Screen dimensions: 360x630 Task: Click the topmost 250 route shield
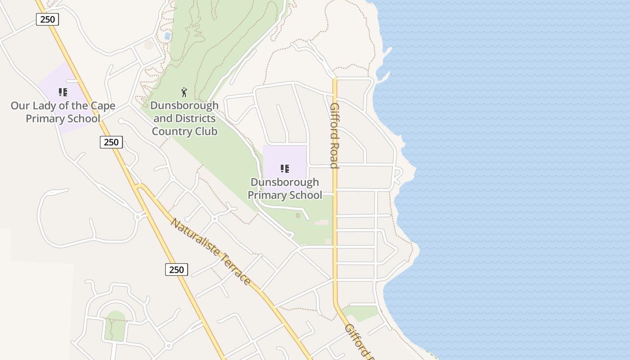pos(47,19)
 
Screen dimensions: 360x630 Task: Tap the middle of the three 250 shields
pos(111,142)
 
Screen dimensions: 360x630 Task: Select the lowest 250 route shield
pos(176,270)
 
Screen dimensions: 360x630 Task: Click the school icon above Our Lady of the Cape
pos(63,93)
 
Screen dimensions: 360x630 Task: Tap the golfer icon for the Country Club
pos(184,93)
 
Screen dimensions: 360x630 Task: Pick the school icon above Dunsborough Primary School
pos(284,169)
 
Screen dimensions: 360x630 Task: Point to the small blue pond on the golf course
pos(167,36)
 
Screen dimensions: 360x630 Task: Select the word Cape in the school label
pos(103,106)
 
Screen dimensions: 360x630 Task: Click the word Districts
pos(195,118)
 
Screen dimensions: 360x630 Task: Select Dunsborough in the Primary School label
pos(284,182)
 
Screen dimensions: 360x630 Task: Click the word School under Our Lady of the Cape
pos(81,119)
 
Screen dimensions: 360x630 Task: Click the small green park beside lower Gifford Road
pos(360,313)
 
